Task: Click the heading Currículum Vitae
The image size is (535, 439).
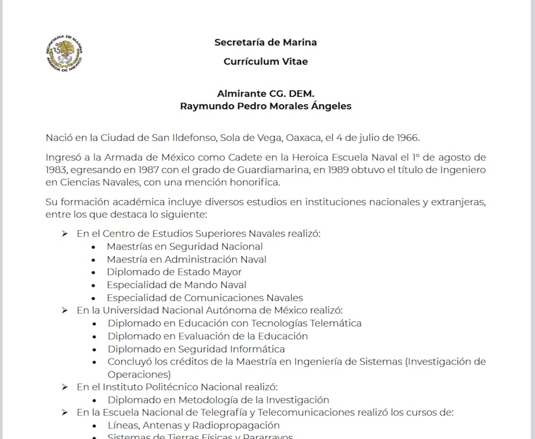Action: [x=266, y=62]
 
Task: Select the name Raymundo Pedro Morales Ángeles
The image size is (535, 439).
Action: [x=266, y=106]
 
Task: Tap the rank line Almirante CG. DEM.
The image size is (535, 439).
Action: [x=266, y=94]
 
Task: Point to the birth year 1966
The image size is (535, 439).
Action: [x=407, y=137]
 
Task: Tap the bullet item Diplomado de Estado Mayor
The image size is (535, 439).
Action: [x=174, y=272]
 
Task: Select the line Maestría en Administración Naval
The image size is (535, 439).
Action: [x=186, y=259]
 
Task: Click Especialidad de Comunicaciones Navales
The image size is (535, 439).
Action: [x=205, y=298]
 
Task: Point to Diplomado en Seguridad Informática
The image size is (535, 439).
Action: [x=196, y=349]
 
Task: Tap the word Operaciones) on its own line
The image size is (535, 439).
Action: [x=139, y=374]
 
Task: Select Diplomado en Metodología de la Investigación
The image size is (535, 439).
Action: [x=218, y=400]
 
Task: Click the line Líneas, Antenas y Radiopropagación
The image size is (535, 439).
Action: [x=193, y=425]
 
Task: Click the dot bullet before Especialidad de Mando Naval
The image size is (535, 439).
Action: [x=93, y=285]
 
